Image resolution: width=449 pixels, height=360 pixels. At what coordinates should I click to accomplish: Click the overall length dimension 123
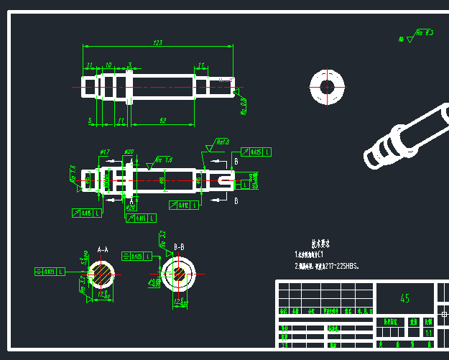click(x=157, y=43)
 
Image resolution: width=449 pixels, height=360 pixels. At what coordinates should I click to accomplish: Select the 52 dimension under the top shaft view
click(x=163, y=120)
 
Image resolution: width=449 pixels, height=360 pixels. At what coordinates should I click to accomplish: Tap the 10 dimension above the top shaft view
click(x=108, y=65)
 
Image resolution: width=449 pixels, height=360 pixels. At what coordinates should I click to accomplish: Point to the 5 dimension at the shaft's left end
click(x=91, y=120)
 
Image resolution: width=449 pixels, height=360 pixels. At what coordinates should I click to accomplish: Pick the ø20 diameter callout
click(x=129, y=152)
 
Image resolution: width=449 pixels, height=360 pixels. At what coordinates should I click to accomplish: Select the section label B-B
click(x=180, y=247)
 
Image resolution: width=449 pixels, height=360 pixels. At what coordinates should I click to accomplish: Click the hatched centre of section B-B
click(x=177, y=274)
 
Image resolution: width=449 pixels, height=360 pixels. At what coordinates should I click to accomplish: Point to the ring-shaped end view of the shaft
click(x=328, y=87)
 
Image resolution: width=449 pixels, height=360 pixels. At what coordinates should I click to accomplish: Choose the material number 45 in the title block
click(x=404, y=298)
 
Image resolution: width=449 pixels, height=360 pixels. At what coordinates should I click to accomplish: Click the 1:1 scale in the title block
click(x=428, y=333)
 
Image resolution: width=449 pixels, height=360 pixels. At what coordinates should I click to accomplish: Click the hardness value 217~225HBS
click(x=338, y=266)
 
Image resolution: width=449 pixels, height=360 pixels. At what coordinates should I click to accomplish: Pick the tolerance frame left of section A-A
click(x=50, y=272)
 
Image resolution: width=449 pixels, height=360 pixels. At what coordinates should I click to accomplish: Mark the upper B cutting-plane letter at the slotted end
click(x=236, y=162)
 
